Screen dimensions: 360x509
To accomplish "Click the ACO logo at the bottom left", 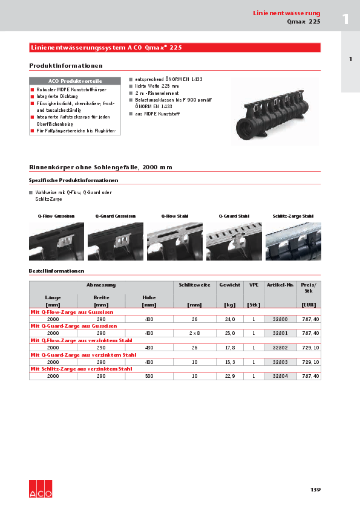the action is tap(41, 490).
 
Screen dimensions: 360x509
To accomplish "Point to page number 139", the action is tap(315, 490).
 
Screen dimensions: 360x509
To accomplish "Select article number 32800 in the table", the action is tap(280, 319).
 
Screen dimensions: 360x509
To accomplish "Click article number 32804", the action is tap(280, 376).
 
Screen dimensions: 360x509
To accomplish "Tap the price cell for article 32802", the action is tap(310, 348).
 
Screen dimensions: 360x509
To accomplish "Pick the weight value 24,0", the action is tap(230, 319).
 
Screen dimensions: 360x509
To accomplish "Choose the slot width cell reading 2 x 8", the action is tap(194, 333).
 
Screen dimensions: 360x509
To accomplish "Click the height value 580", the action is tap(149, 376).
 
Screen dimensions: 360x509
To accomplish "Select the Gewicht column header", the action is tap(230, 284).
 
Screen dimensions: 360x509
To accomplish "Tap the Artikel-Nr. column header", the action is tap(280, 284).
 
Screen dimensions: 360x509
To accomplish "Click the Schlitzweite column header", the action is tap(194, 284).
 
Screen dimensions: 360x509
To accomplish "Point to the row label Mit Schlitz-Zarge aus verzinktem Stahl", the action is tap(82, 369).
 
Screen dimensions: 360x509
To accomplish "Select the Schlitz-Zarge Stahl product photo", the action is tap(293, 241).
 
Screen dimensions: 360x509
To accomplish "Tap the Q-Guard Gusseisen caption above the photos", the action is tap(115, 216).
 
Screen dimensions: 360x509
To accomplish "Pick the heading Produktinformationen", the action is tap(66, 65).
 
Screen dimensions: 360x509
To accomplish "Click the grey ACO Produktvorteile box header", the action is tap(75, 81).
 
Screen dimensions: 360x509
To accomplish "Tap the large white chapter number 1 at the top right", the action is tap(345, 19).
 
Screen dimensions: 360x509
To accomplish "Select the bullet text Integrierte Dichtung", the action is tap(57, 96).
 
